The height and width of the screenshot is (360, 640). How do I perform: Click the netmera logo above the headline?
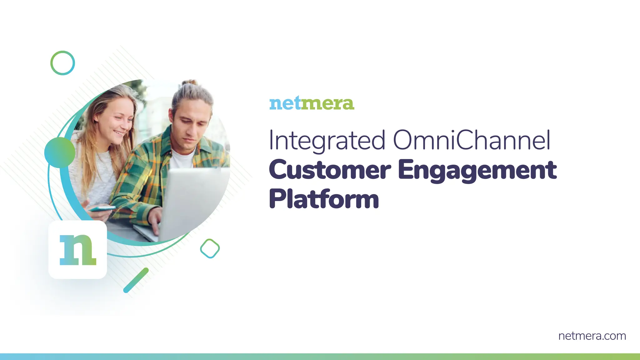pyautogui.click(x=312, y=104)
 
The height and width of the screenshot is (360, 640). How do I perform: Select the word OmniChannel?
pyautogui.click(x=471, y=140)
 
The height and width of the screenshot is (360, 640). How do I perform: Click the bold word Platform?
pyautogui.click(x=324, y=199)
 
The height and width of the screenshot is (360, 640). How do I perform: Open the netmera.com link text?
pyautogui.click(x=592, y=336)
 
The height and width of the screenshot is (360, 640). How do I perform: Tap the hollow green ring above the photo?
pyautogui.click(x=62, y=63)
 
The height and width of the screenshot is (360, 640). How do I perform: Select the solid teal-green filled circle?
pyautogui.click(x=60, y=152)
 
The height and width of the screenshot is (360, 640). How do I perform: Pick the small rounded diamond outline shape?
pyautogui.click(x=210, y=249)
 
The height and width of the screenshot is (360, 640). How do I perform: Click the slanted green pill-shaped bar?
pyautogui.click(x=136, y=280)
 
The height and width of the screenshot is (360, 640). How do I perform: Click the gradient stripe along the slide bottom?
pyautogui.click(x=320, y=357)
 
